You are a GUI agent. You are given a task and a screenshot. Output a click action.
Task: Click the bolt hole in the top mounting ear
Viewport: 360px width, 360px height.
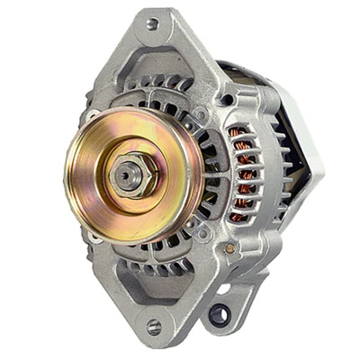[152, 22]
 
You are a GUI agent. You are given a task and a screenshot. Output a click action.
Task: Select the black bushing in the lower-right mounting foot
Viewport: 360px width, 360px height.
[219, 314]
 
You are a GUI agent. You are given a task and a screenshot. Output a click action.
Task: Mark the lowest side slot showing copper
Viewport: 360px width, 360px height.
[239, 216]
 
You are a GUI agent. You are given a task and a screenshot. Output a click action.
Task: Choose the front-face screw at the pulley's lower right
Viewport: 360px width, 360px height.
[203, 231]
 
